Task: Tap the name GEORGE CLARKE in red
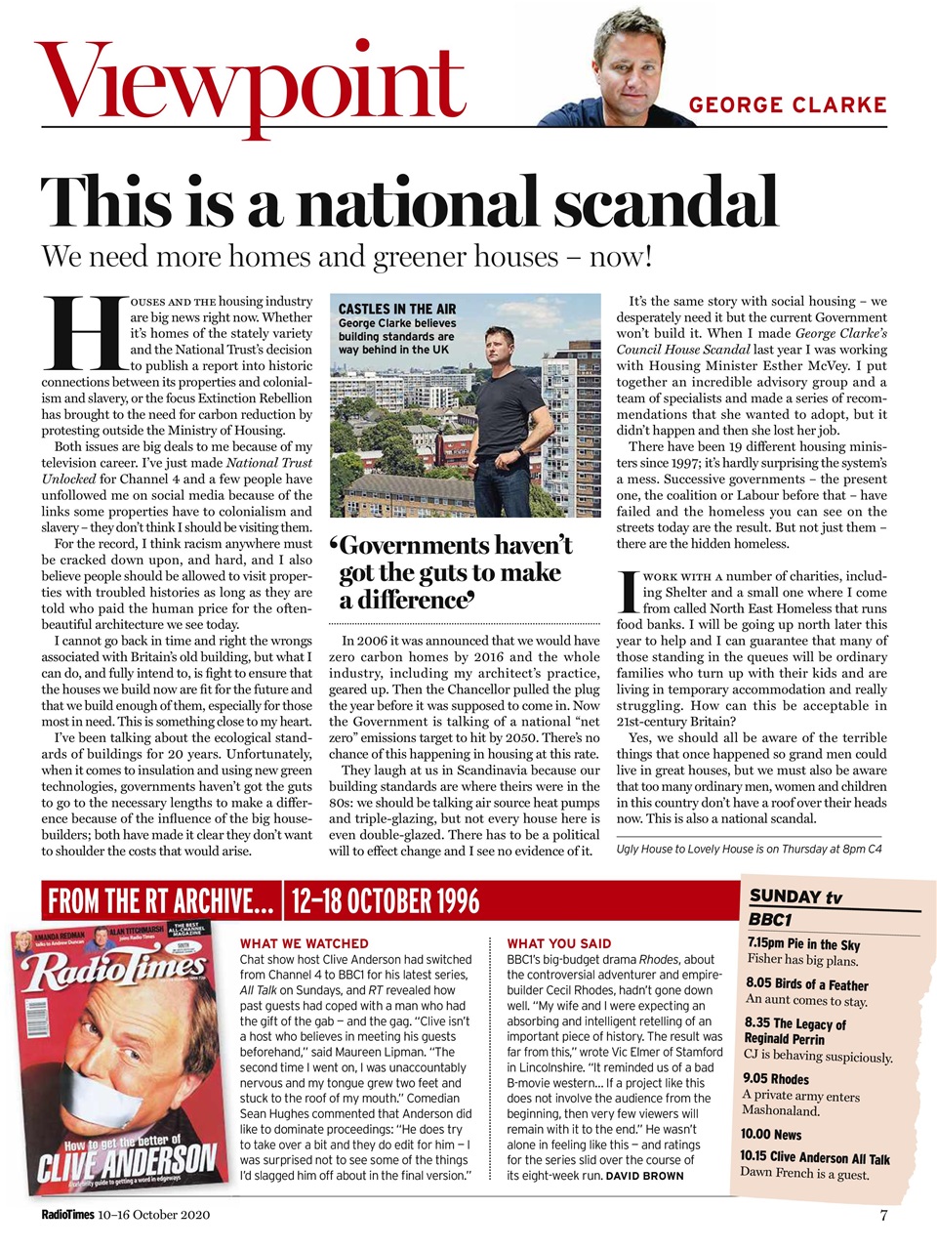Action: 787,105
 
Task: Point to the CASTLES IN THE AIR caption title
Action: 397,309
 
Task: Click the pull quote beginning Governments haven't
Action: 455,572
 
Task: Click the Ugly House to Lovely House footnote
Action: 749,849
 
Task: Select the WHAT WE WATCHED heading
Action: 304,943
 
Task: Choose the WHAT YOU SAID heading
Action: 559,943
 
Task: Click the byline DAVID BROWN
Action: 644,1176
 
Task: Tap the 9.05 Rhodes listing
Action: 776,1079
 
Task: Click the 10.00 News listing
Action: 770,1134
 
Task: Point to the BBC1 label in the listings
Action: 770,919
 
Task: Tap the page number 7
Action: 882,1216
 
